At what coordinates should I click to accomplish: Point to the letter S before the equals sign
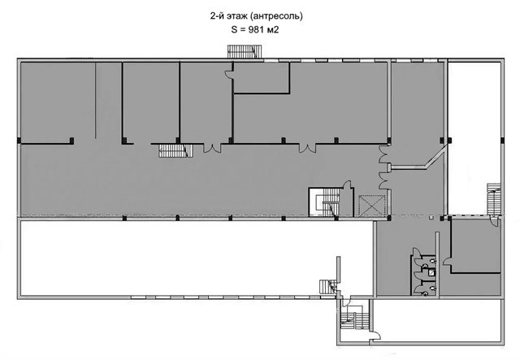[x=235, y=29]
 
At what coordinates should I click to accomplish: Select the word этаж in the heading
[x=236, y=16]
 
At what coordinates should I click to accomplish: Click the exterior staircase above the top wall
[x=245, y=52]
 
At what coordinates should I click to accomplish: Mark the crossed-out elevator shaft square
[x=372, y=206]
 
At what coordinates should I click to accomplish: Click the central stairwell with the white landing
[x=325, y=202]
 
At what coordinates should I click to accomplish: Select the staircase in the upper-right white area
[x=493, y=199]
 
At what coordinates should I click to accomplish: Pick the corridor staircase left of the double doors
[x=175, y=151]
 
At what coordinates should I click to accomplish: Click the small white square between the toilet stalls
[x=431, y=273]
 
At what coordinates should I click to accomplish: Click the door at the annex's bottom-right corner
[x=375, y=335]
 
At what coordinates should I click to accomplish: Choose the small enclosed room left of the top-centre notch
[x=262, y=77]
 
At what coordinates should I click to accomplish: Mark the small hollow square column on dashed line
[x=431, y=217]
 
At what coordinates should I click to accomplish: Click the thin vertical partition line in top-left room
[x=96, y=100]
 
